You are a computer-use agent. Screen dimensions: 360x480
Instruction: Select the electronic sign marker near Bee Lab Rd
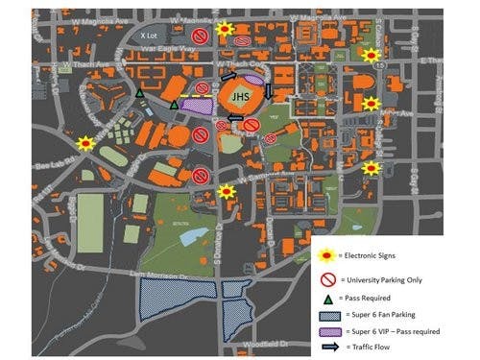(x=85, y=144)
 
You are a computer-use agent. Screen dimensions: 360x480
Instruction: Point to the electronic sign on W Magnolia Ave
(x=226, y=32)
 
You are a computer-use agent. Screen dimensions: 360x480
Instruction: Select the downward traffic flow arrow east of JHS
(x=269, y=92)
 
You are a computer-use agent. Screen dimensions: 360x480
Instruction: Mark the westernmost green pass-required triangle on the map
(x=140, y=93)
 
